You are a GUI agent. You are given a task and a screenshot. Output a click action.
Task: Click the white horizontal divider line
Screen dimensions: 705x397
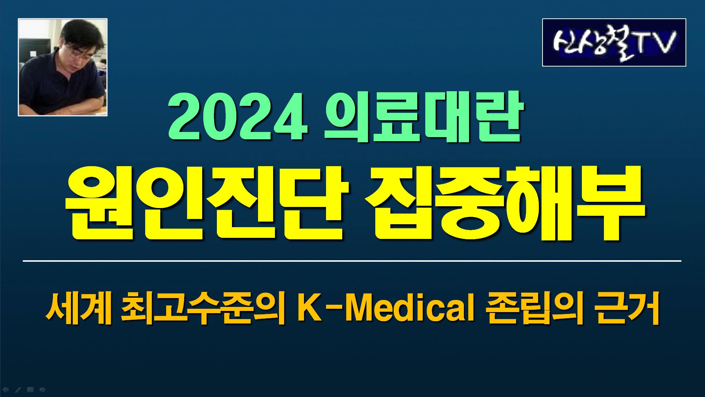(352, 261)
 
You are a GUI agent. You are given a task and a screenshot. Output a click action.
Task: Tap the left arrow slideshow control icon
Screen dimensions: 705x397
(6, 390)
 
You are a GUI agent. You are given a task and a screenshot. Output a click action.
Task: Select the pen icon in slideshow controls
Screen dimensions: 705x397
(18, 390)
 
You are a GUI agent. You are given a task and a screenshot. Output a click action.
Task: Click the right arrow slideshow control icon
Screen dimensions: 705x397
(43, 390)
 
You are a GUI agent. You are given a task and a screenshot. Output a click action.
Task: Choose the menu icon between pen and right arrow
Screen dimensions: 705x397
(31, 390)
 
